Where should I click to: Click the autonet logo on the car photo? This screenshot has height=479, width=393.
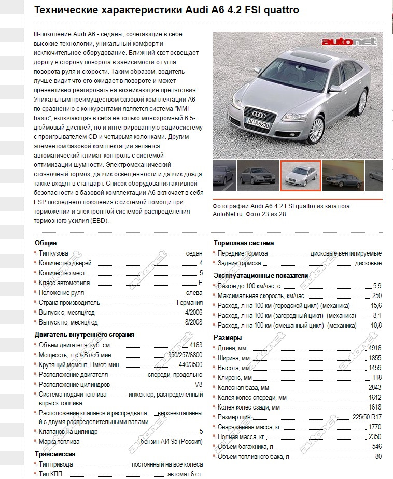pos(348,41)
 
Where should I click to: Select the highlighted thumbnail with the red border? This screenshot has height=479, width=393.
pos(301,176)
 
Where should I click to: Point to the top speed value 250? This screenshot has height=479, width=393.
pos(376,295)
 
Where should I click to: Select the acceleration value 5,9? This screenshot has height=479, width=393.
pos(377,286)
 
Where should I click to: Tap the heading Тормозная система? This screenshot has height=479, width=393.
pos(244,243)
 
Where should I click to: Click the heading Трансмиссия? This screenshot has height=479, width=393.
pos(55,454)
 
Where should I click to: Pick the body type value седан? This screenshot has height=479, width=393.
pos(194,253)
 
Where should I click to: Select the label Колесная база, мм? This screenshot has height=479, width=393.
pos(243,387)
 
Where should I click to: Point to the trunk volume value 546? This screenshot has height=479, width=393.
pos(376,446)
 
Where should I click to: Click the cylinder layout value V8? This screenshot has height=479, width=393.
pos(198,385)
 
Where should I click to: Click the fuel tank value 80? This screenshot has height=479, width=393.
pos(378,456)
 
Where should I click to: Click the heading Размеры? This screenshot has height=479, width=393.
pos(228,338)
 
